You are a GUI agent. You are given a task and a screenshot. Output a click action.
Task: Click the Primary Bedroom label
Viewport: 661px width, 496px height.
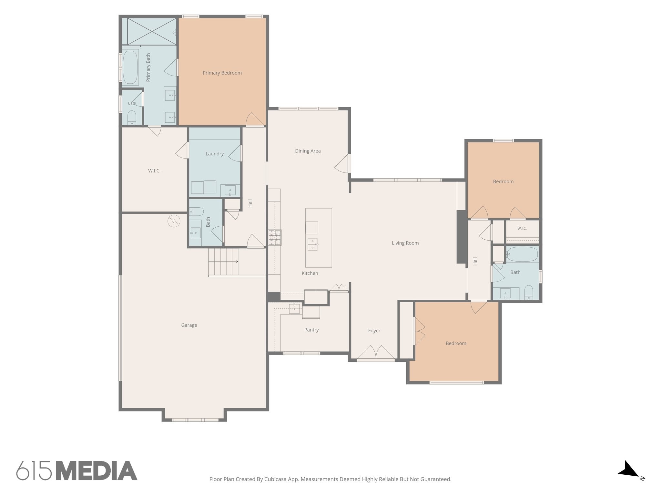[x=222, y=73]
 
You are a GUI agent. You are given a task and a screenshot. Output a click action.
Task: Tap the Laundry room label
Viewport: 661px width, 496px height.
[x=215, y=154]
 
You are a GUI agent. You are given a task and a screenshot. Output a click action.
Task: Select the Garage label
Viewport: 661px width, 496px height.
[x=189, y=325]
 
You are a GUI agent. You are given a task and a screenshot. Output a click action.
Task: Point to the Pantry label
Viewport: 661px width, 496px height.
[x=311, y=330]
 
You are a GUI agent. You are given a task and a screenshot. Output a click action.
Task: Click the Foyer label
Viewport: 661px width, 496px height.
[x=374, y=331]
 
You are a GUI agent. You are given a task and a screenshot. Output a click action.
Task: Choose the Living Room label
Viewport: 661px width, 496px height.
[x=405, y=243]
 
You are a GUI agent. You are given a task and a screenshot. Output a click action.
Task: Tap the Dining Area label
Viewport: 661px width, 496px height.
[x=308, y=151]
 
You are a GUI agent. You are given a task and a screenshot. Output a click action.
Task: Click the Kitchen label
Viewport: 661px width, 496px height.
[x=310, y=273]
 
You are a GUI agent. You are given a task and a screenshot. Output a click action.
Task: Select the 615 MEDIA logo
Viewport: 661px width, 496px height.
[x=77, y=470]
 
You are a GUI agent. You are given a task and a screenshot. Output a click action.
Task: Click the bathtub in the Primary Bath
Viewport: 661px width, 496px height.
[x=130, y=67]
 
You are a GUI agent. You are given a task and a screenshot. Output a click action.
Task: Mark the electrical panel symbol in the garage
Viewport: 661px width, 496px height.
[x=174, y=221]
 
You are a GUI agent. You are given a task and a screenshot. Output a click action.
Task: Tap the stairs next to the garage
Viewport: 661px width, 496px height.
[x=223, y=262]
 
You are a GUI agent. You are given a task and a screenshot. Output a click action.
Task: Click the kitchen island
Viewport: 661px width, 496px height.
[x=319, y=238]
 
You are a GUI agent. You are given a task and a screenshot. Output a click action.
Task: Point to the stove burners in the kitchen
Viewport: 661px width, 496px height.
[x=275, y=237]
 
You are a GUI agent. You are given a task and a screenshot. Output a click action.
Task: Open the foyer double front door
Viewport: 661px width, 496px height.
[x=376, y=353]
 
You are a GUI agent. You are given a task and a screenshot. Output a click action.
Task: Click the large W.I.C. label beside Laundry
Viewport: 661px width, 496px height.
[x=154, y=171]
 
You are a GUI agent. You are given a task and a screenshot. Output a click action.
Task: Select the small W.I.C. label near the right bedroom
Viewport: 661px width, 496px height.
[x=522, y=228]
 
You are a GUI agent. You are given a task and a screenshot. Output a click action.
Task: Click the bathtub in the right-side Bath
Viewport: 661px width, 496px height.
[x=522, y=254]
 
